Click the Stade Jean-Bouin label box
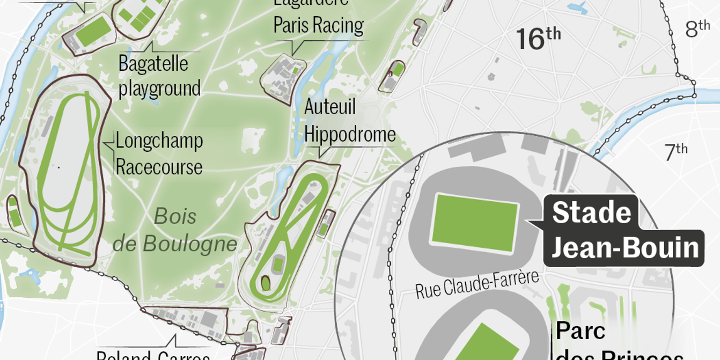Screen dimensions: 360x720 point(624,231)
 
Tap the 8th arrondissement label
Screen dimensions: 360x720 point(697,28)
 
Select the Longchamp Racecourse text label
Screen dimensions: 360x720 point(159,154)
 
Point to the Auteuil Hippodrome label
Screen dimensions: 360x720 point(349,121)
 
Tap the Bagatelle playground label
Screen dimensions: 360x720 point(159,76)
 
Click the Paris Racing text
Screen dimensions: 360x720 point(318,25)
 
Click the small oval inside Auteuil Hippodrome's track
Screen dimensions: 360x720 point(266,283)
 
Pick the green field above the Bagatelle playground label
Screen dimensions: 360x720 point(93,32)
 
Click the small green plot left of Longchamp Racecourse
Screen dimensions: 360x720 point(16,217)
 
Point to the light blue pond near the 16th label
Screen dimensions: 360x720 point(578,8)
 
